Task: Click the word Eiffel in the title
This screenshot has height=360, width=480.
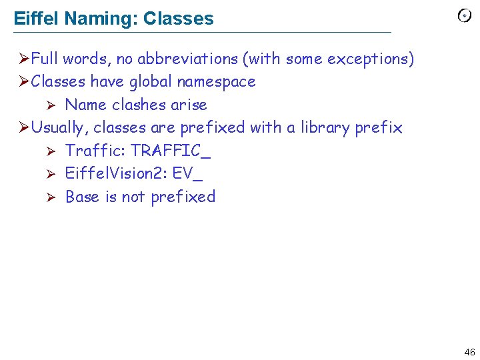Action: click(37, 19)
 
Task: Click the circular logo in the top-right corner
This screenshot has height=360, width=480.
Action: click(465, 16)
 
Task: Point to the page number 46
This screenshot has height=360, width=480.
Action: click(469, 352)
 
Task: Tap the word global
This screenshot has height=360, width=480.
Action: click(155, 82)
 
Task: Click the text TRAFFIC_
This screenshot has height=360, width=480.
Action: click(171, 151)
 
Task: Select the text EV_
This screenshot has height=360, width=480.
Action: click(187, 173)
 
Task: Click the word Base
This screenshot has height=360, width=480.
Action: click(83, 197)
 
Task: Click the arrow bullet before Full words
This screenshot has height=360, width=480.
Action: click(23, 59)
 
